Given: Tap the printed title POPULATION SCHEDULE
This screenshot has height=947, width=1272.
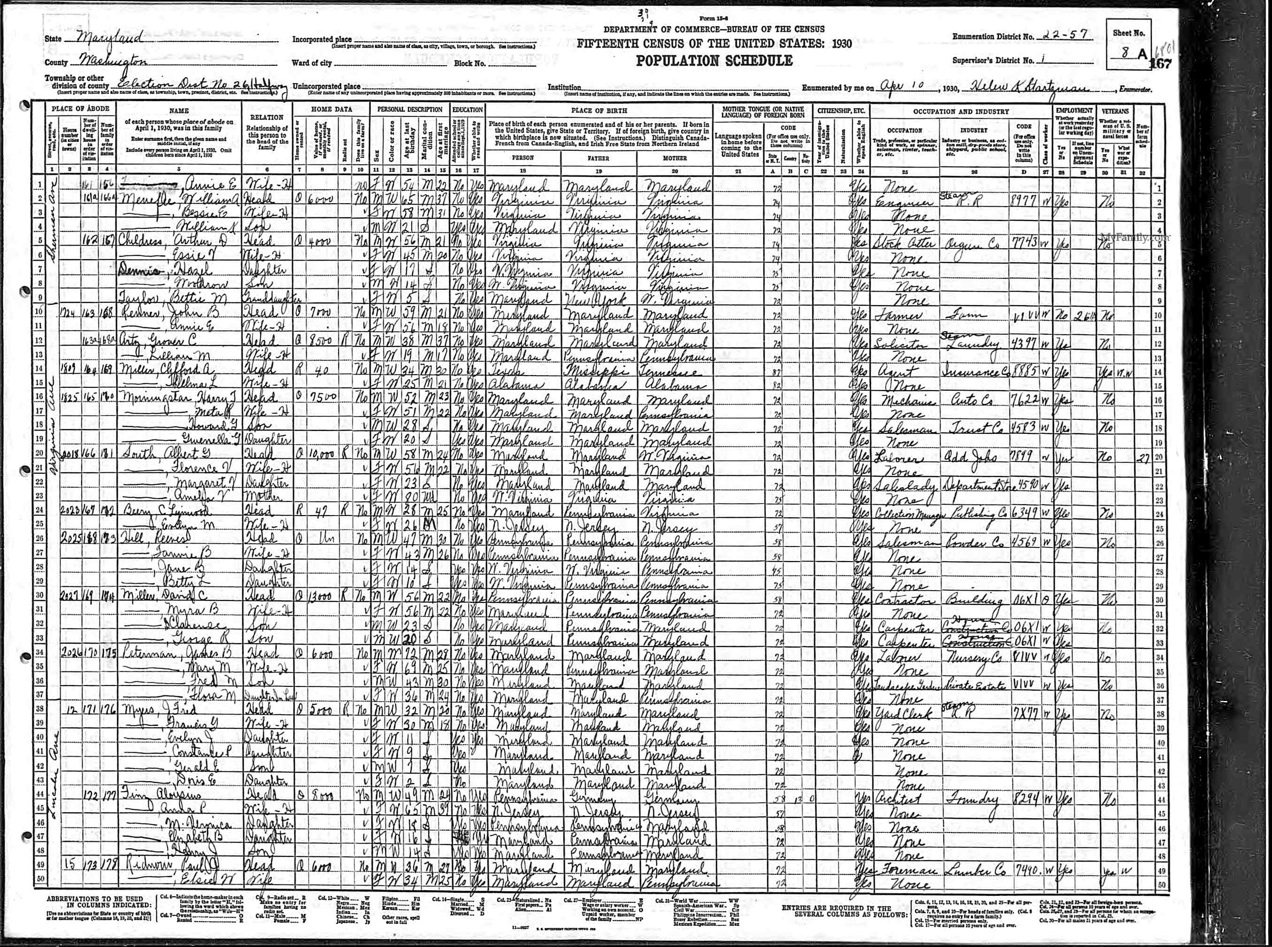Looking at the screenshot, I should tap(714, 61).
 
